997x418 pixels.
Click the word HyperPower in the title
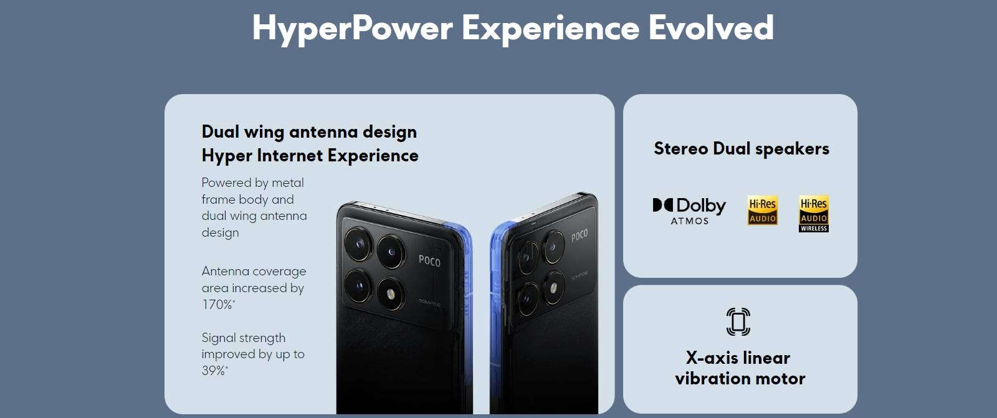point(353,29)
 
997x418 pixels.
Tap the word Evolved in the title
point(711,27)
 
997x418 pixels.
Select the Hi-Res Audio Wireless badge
point(814,214)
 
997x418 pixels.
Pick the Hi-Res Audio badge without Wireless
point(763,210)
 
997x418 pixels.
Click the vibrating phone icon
point(738,321)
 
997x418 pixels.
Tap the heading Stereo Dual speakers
point(742,149)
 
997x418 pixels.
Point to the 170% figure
point(217,305)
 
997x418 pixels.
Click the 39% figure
point(214,371)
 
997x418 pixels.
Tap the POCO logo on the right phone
point(580,235)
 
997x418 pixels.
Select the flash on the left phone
point(391,294)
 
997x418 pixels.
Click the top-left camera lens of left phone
point(359,244)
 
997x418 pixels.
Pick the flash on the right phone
point(554,288)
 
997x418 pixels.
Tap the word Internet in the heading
point(290,156)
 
